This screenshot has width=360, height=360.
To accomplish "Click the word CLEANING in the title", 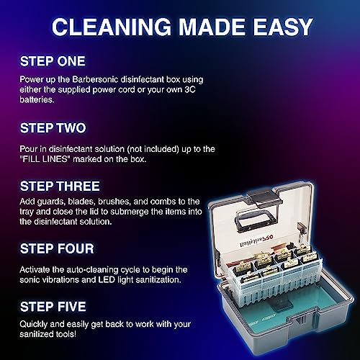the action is tap(112, 27).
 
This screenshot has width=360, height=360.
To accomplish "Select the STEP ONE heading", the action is tap(53, 61).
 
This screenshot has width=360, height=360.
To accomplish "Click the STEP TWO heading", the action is tap(53, 128).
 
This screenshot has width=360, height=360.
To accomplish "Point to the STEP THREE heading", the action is tap(60, 186).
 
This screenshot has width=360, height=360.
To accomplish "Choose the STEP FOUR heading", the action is tap(57, 248).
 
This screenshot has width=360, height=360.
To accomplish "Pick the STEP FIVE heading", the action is tap(53, 307).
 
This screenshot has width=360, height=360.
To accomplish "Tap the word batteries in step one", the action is tap(37, 99).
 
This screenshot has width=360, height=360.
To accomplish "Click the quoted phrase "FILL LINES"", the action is tap(45, 159).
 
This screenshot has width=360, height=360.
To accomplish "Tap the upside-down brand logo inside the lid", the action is tap(256, 240).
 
